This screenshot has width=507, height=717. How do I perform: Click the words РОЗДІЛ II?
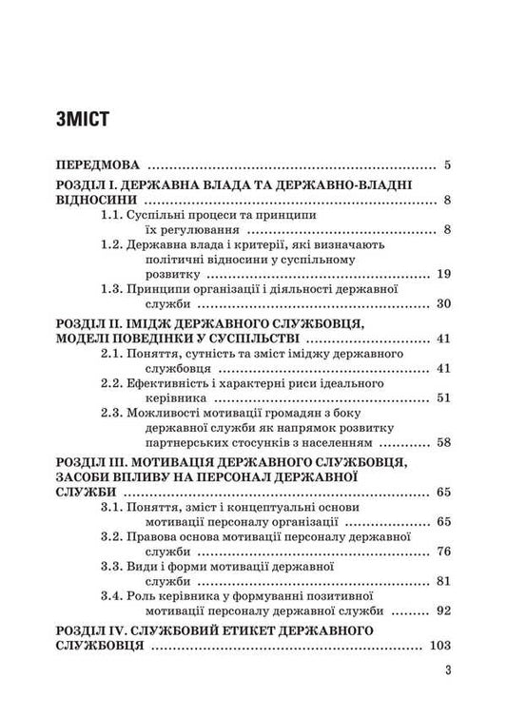pyautogui.click(x=90, y=323)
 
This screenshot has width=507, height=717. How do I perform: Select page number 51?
pyautogui.click(x=442, y=398)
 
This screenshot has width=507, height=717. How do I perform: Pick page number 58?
pyautogui.click(x=442, y=442)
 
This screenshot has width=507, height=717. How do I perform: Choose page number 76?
pyautogui.click(x=442, y=552)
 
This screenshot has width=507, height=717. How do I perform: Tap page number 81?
pyautogui.click(x=442, y=581)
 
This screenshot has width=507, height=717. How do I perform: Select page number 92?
pyautogui.click(x=442, y=610)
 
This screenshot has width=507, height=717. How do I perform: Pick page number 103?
pyautogui.click(x=439, y=645)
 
